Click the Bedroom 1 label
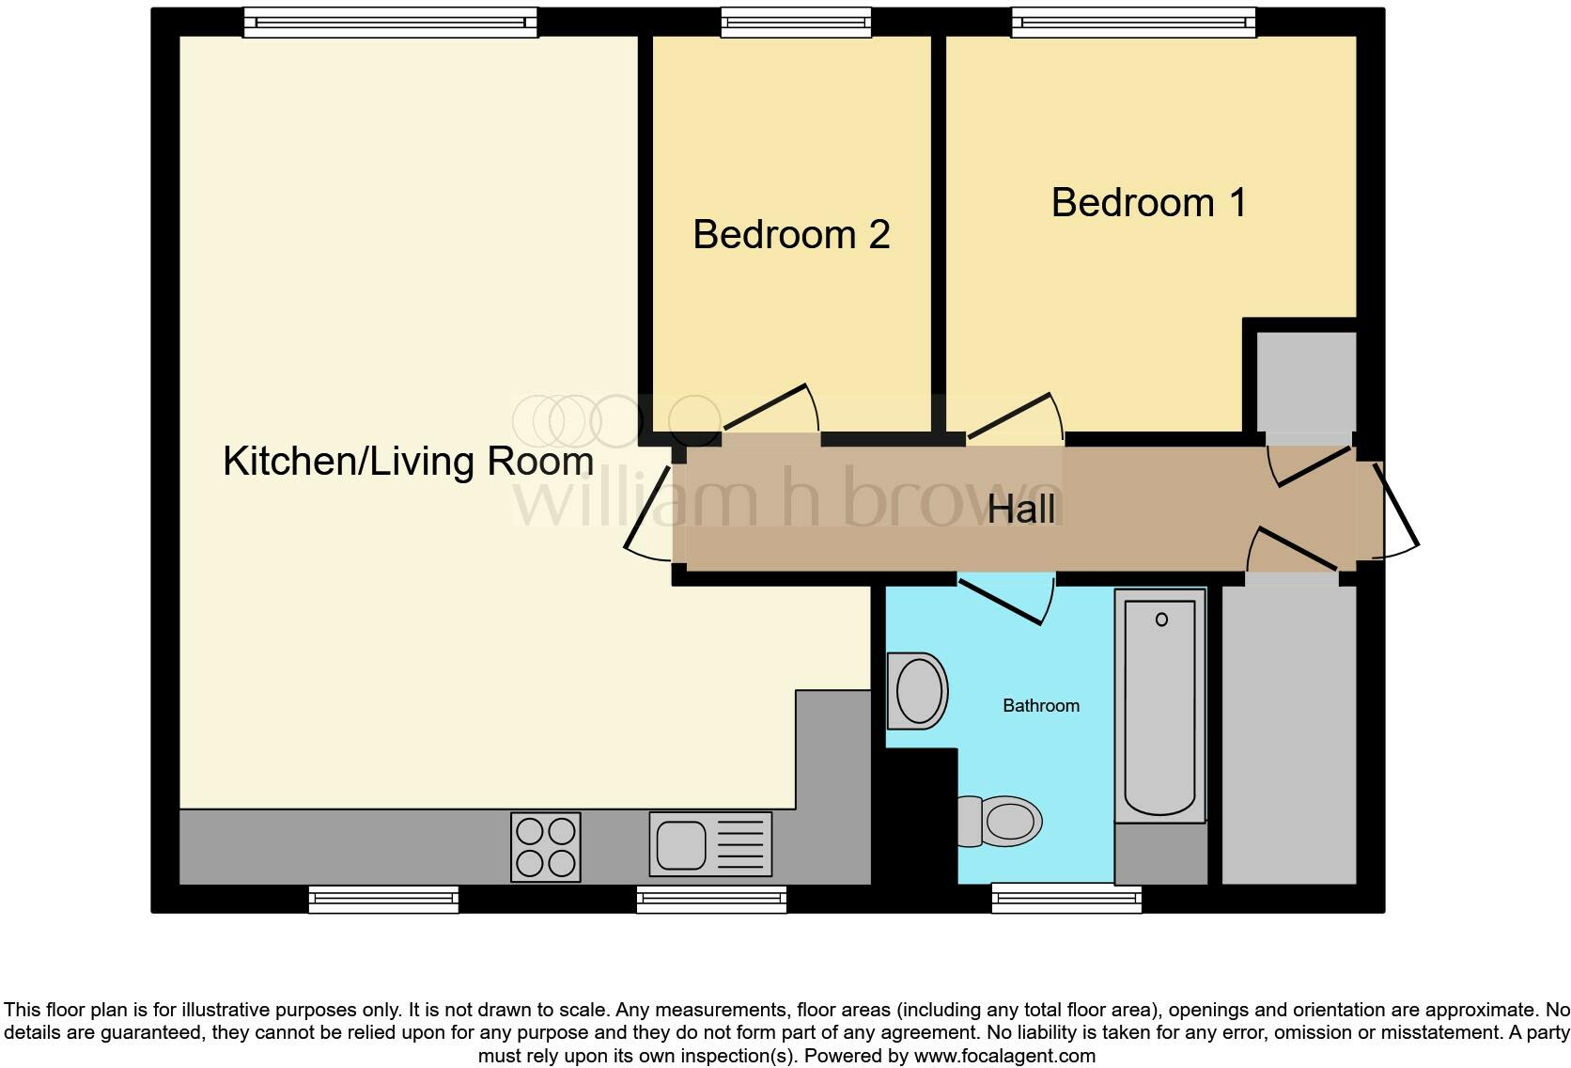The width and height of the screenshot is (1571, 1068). click(x=1149, y=203)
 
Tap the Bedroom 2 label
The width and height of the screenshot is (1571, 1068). click(x=791, y=234)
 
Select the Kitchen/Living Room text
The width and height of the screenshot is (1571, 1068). click(x=408, y=462)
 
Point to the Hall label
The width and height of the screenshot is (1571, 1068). click(x=1021, y=509)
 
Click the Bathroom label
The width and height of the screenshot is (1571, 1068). click(x=1041, y=706)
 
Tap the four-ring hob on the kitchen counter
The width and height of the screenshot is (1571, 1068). click(x=546, y=847)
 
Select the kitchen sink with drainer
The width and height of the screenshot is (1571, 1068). click(x=710, y=844)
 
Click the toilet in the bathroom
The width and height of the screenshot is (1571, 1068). click(x=1000, y=821)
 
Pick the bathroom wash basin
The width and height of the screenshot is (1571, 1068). click(x=917, y=691)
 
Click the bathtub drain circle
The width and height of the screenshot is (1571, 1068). click(x=1162, y=620)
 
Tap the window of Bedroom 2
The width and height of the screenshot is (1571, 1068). click(x=796, y=23)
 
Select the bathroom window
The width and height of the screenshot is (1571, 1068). click(x=1066, y=899)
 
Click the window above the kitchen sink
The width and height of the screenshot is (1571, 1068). click(x=711, y=899)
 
